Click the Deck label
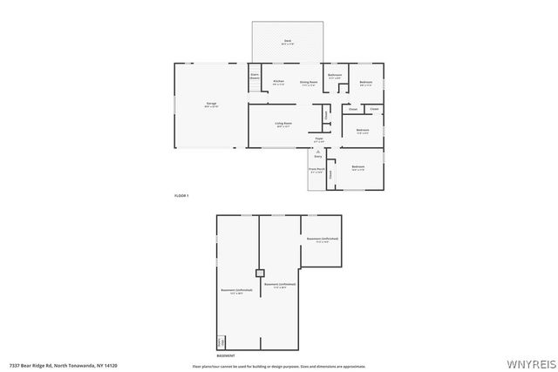(287, 41)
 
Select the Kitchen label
(278, 82)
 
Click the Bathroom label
(335, 76)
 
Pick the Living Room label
(283, 125)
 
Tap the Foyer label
(319, 139)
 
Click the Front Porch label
(316, 170)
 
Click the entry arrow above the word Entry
(317, 152)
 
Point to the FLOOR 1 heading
(181, 196)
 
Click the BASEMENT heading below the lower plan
(225, 356)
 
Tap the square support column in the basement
(259, 272)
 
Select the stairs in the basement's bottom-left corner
(221, 342)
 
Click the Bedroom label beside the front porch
(357, 167)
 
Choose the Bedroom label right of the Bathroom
(366, 83)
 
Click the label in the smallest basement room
(321, 240)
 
